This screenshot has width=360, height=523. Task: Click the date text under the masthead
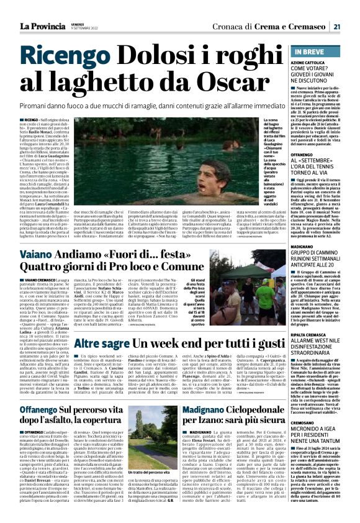pyautogui.click(x=85, y=29)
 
